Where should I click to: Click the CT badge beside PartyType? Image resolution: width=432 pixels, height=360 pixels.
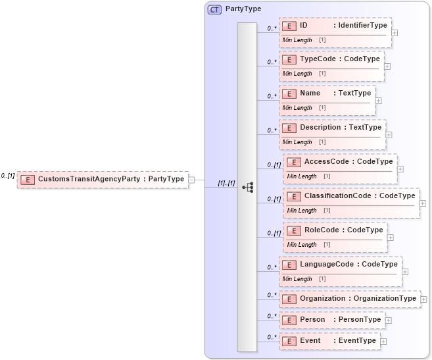tap(215, 9)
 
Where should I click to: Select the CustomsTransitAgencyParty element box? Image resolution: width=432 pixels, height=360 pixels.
tap(103, 179)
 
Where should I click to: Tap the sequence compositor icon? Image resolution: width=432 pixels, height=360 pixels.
tap(247, 187)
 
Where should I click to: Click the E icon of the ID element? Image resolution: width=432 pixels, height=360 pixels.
tap(289, 26)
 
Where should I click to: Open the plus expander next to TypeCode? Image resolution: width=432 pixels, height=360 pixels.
tap(387, 66)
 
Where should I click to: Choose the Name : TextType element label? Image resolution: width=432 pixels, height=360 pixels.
tap(335, 93)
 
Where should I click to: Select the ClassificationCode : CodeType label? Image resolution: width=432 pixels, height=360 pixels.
tap(360, 196)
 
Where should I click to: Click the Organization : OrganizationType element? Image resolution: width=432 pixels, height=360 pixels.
tap(349, 299)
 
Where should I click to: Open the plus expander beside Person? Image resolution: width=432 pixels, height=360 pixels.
tap(388, 320)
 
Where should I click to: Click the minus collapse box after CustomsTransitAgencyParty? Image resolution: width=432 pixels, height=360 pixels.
tap(191, 179)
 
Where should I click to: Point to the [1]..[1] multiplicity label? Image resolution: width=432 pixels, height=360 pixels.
tap(226, 183)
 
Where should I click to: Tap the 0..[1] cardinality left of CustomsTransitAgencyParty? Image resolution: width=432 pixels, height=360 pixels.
tap(8, 176)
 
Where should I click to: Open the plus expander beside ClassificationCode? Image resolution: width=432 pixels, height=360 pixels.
tap(422, 203)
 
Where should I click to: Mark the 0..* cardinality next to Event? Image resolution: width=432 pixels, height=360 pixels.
tap(271, 338)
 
